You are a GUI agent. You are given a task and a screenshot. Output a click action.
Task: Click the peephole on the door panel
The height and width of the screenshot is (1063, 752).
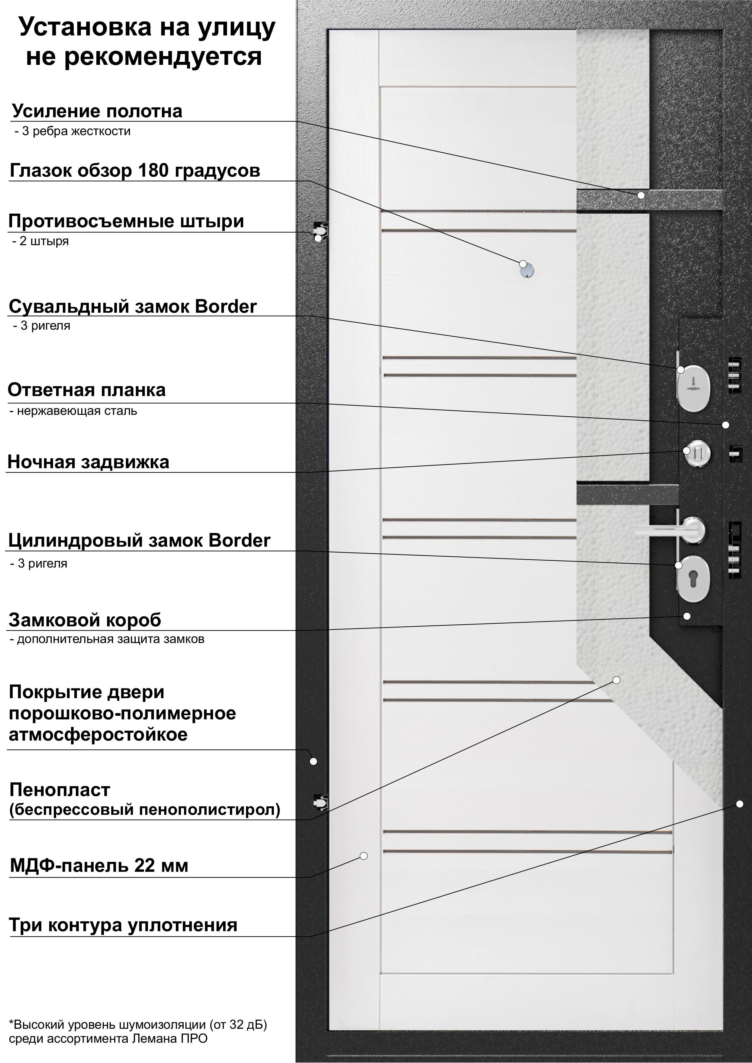coord(527,270)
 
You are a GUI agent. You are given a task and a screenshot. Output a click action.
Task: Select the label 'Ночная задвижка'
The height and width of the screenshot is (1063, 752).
coord(88,462)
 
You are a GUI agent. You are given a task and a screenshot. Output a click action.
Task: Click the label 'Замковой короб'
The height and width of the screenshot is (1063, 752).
coord(85,620)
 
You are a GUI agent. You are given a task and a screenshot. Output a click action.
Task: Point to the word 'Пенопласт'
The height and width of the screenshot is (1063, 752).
coord(60,789)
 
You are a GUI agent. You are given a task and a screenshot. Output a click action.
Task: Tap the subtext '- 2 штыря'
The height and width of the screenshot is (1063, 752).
coord(41,241)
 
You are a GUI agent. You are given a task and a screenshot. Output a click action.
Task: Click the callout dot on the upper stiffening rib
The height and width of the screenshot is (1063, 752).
coord(641,195)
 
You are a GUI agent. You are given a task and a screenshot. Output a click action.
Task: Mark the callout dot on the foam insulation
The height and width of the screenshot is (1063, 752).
coord(616,680)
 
